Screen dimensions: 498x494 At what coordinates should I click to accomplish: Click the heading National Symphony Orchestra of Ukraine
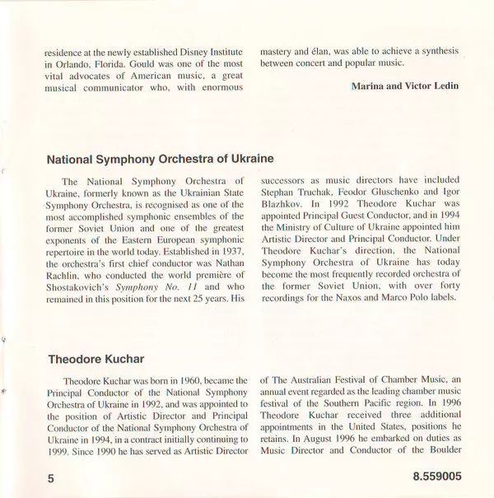161,157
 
